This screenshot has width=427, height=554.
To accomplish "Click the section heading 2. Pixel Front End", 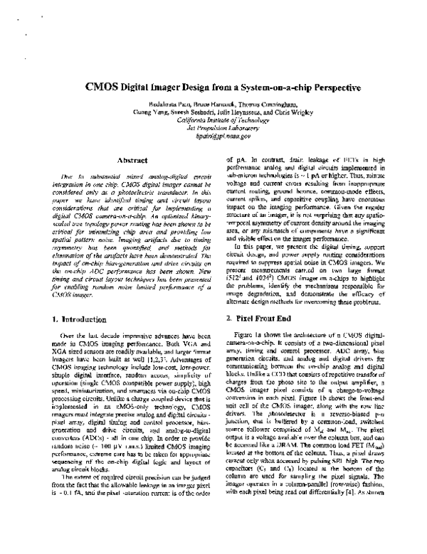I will coord(261,321).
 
